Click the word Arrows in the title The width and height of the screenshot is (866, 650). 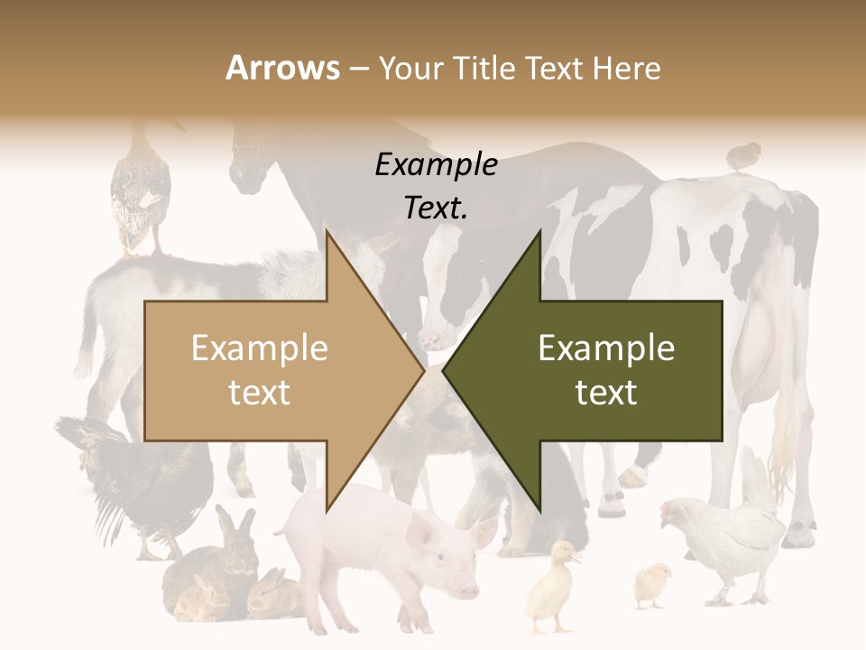coord(282,68)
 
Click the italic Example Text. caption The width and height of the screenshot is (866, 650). coord(436,186)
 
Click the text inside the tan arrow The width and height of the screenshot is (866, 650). coord(260,370)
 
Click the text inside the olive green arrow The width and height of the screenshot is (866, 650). coord(606,370)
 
